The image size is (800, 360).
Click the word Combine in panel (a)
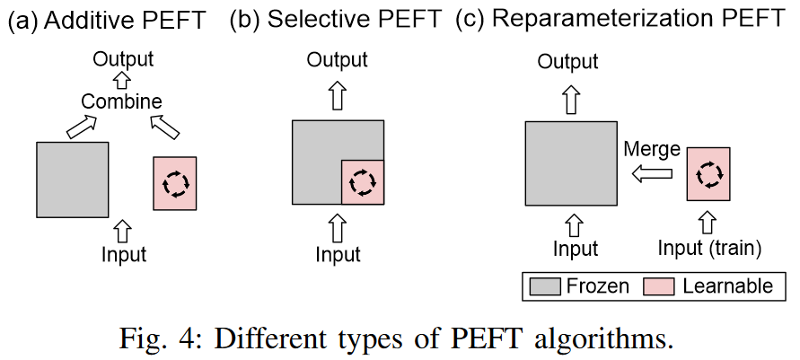(121, 101)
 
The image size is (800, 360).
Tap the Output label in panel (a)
(124, 59)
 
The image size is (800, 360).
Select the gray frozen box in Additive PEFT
(73, 179)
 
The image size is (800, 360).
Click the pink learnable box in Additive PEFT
(175, 183)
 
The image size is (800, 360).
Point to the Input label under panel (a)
(124, 254)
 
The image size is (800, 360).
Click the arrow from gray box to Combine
(81, 127)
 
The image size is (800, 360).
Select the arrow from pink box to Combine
(165, 127)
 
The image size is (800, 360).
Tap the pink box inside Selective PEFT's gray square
(362, 182)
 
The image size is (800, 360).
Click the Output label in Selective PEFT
(338, 60)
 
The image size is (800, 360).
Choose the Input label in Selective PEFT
(338, 255)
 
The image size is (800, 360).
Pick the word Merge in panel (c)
(652, 149)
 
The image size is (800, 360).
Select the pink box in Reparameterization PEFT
(709, 174)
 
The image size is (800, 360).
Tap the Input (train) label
(709, 249)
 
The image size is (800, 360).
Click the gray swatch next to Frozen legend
(545, 286)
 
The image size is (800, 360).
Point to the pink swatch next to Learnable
(661, 286)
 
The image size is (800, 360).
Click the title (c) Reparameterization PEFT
(620, 19)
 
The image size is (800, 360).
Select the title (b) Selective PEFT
(336, 19)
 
